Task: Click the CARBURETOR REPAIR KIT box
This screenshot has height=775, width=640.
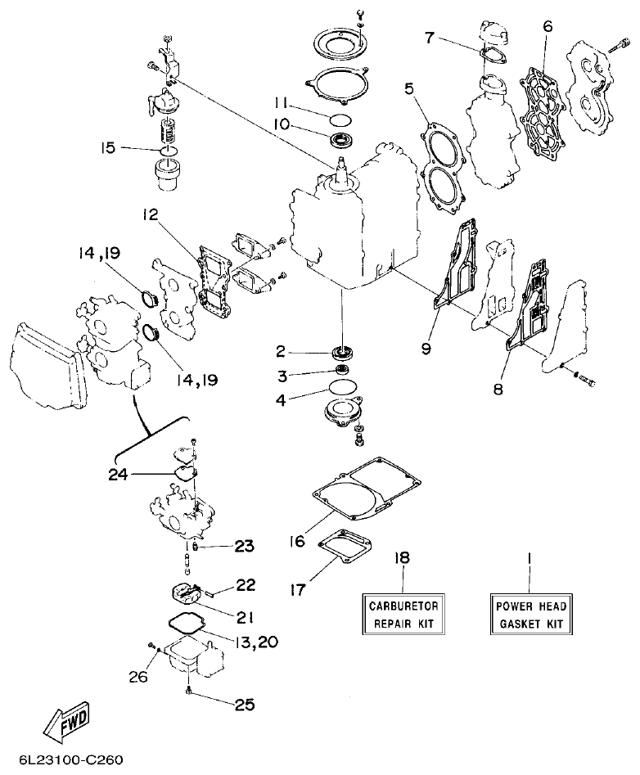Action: (x=403, y=615)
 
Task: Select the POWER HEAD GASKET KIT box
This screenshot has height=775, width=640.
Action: (x=530, y=615)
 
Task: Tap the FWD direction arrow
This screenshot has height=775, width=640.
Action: (x=67, y=717)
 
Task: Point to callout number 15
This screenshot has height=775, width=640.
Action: (x=108, y=148)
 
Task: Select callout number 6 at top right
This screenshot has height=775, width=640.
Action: (x=548, y=26)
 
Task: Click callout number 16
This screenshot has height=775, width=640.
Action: (x=298, y=541)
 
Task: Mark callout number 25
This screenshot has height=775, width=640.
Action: (x=244, y=704)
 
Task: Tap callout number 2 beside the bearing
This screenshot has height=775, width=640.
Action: (x=281, y=352)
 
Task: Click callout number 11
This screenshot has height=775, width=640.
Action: (x=281, y=104)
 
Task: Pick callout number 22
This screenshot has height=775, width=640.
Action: (x=246, y=585)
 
